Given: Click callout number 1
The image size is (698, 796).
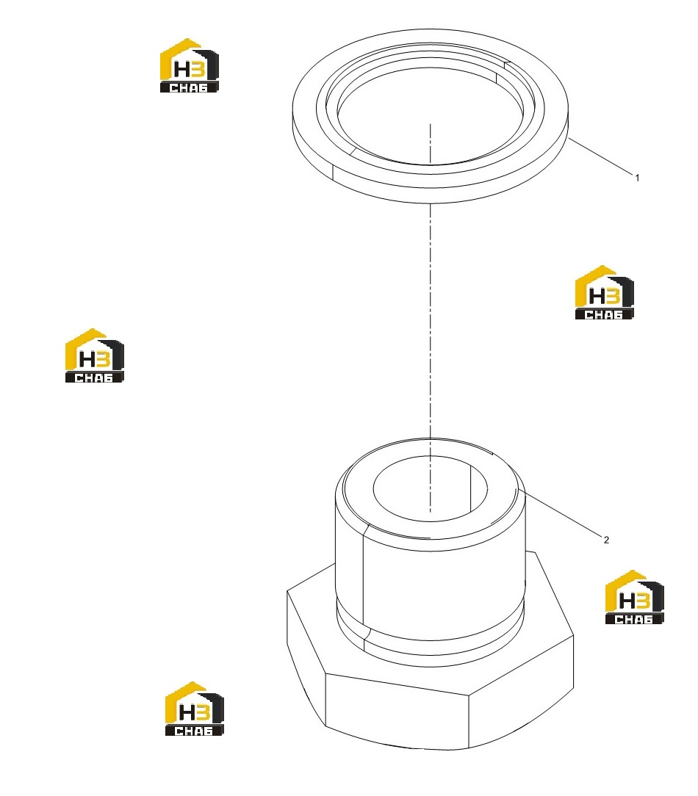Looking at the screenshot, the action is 637,178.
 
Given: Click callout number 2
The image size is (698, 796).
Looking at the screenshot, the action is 606,540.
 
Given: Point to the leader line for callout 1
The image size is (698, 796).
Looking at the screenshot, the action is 600,156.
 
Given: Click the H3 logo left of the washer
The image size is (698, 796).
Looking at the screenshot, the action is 190,65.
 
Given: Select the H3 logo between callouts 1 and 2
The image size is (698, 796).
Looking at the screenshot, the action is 604,292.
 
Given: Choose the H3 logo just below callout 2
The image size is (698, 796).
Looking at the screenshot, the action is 634,597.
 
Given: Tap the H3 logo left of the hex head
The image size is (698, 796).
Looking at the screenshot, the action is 195,709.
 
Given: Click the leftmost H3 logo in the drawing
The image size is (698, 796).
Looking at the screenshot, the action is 95,355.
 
